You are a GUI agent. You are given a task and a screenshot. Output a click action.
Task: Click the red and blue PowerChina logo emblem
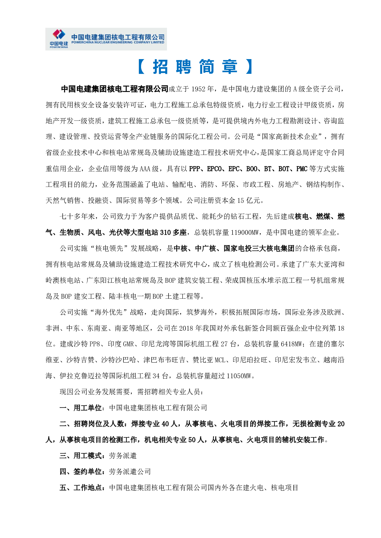pos(59,34)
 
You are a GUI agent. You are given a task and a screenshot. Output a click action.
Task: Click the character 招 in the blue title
pos(161,67)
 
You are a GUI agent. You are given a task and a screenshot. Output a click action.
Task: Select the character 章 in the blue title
pos(230,67)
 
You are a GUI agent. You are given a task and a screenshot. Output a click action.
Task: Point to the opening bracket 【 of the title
pos(141,67)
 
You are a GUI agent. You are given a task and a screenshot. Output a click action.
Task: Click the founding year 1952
pos(198,89)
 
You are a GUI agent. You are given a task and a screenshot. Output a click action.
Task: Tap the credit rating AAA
pos(145,169)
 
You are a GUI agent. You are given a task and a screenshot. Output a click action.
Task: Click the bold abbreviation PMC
pos(302,169)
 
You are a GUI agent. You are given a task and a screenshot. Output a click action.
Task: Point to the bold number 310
pos(165,233)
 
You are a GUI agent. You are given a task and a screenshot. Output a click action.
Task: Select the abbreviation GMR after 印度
pos(129,344)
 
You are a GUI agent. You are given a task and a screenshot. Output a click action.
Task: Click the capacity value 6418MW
pos(291,344)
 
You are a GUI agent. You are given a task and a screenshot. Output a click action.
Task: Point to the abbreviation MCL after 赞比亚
pos(220,360)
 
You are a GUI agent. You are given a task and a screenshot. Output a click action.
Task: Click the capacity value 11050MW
pos(239,376)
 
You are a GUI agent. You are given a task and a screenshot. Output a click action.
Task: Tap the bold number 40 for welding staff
pos(165,424)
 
